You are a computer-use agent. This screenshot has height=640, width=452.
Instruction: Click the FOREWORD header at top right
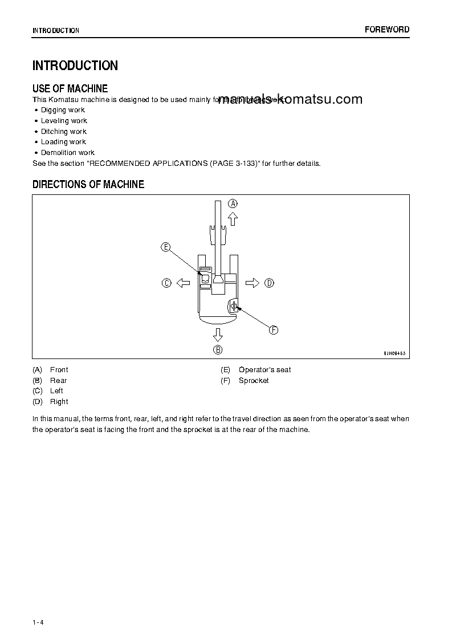(386, 30)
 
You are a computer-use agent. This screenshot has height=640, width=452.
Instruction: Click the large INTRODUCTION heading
(75, 66)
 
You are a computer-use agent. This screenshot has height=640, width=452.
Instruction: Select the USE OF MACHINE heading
(70, 88)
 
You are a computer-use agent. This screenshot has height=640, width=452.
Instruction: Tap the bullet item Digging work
(63, 110)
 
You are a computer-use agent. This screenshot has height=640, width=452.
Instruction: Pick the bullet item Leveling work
(64, 121)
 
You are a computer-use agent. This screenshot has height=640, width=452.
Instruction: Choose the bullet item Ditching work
(64, 132)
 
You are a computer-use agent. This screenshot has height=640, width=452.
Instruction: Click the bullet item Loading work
(63, 142)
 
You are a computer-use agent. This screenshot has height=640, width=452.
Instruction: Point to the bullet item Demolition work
(68, 153)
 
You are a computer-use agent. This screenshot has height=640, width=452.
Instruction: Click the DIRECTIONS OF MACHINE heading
(88, 184)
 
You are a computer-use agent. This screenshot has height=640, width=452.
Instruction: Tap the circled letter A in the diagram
(233, 203)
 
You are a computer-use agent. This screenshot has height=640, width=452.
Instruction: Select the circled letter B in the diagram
(218, 350)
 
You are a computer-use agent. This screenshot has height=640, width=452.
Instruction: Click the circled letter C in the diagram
(166, 283)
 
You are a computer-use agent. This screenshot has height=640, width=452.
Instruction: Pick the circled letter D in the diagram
(270, 283)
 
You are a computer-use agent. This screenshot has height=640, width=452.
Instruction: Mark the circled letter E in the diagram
(165, 247)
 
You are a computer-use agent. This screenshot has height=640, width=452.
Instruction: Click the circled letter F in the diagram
(274, 330)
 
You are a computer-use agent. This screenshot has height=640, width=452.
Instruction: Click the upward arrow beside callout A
(233, 219)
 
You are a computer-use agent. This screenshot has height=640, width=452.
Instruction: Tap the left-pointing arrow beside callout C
(183, 283)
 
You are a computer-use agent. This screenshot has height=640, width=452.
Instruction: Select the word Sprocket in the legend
(254, 381)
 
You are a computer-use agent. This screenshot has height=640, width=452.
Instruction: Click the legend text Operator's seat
(264, 370)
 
